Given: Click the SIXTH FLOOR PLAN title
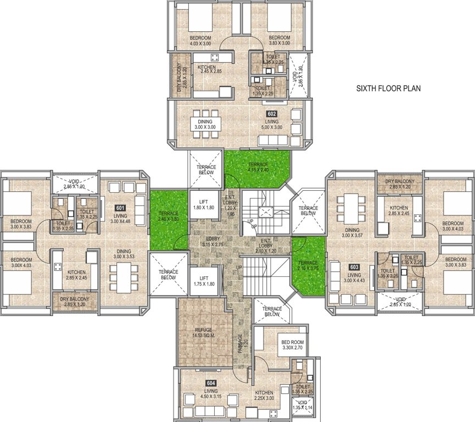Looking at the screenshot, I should click(389, 88).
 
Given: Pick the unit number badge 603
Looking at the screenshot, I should click(355, 268).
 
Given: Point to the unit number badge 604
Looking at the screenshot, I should click(211, 383).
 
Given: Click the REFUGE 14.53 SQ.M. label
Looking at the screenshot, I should click(202, 333).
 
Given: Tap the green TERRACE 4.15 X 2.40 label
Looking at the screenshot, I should click(258, 168).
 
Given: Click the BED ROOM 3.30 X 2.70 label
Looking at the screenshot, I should click(292, 345).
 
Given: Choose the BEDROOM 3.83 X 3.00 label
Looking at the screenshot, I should click(280, 40).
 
